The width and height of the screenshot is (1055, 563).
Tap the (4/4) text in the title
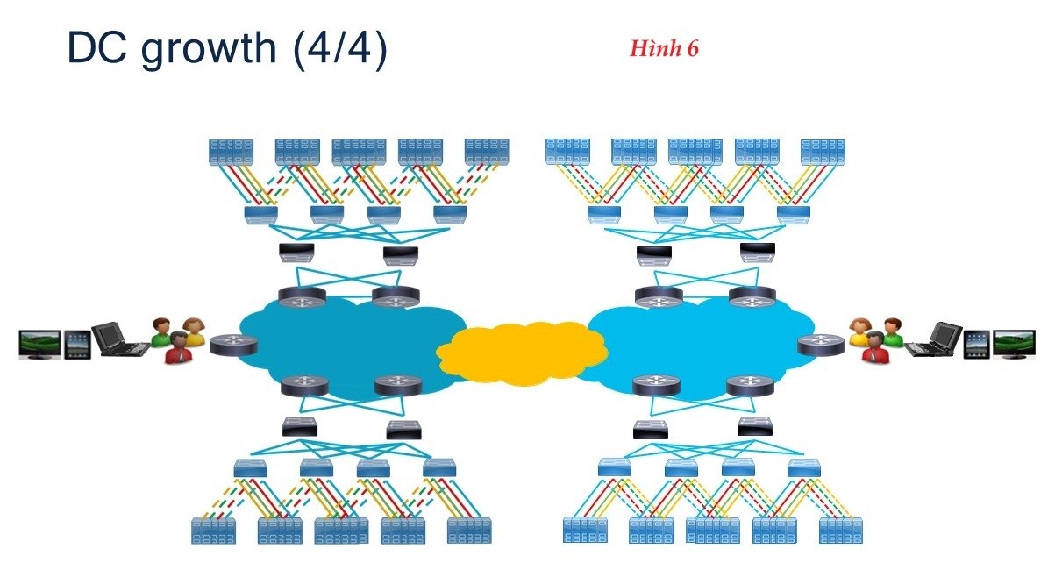340,50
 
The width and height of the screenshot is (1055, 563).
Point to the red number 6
693,49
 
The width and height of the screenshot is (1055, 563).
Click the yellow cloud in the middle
522,353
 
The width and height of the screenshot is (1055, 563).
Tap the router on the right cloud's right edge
820,344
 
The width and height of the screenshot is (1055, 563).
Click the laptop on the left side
121,339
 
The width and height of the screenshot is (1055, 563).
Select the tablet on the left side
77,343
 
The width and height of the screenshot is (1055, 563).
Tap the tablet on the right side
977,343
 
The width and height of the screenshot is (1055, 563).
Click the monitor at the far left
39,344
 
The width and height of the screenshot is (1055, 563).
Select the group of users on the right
876,340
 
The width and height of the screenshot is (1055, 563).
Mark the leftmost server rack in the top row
231,153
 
